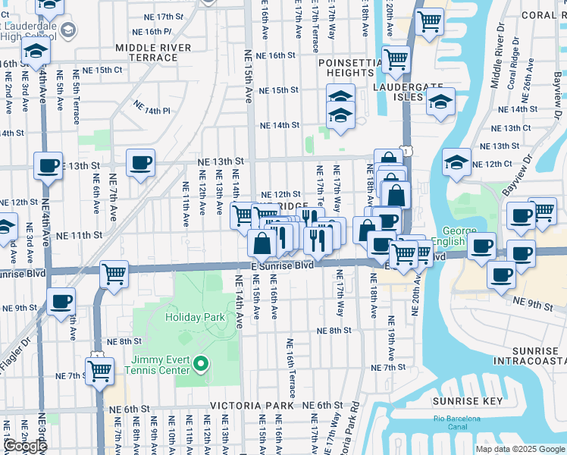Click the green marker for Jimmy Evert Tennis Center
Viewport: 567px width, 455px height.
click(x=200, y=365)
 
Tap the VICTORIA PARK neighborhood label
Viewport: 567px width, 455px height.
click(x=252, y=406)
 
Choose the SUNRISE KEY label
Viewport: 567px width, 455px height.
click(x=462, y=400)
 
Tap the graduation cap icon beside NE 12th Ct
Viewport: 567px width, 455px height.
click(x=456, y=162)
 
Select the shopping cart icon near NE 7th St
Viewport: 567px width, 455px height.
click(x=99, y=372)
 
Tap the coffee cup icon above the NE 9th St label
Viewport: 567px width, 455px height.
click(x=60, y=301)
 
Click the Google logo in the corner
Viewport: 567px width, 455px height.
click(x=25, y=446)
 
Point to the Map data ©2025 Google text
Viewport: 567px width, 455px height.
click(x=519, y=449)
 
